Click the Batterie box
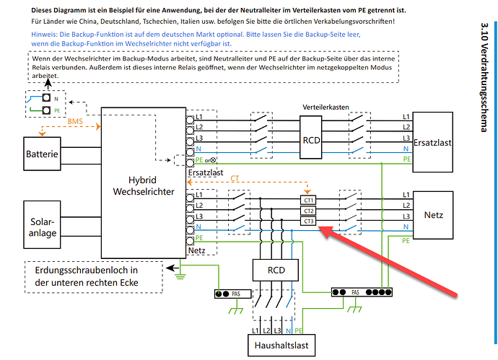pyautogui.click(x=42, y=154)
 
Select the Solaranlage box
pyautogui.click(x=42, y=224)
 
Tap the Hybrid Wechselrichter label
pyautogui.click(x=143, y=185)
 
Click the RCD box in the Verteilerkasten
pyautogui.click(x=311, y=137)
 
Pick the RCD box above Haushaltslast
pyautogui.click(x=276, y=270)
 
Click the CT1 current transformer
pyautogui.click(x=308, y=201)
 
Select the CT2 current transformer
pyautogui.click(x=308, y=211)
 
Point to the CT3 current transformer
pyautogui.click(x=308, y=221)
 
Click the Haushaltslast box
pyautogui.click(x=281, y=346)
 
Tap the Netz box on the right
pyautogui.click(x=433, y=215)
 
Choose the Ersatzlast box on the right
pyautogui.click(x=432, y=142)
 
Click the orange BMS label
pyautogui.click(x=75, y=121)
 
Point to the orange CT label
pyautogui.click(x=235, y=178)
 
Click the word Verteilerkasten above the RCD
pyautogui.click(x=326, y=107)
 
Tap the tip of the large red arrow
pyautogui.click(x=318, y=227)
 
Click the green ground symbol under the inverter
pyautogui.click(x=180, y=276)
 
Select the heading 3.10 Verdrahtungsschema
pyautogui.click(x=484, y=77)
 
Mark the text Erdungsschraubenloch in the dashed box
pyautogui.click(x=87, y=271)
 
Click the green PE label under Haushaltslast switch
pyautogui.click(x=298, y=331)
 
